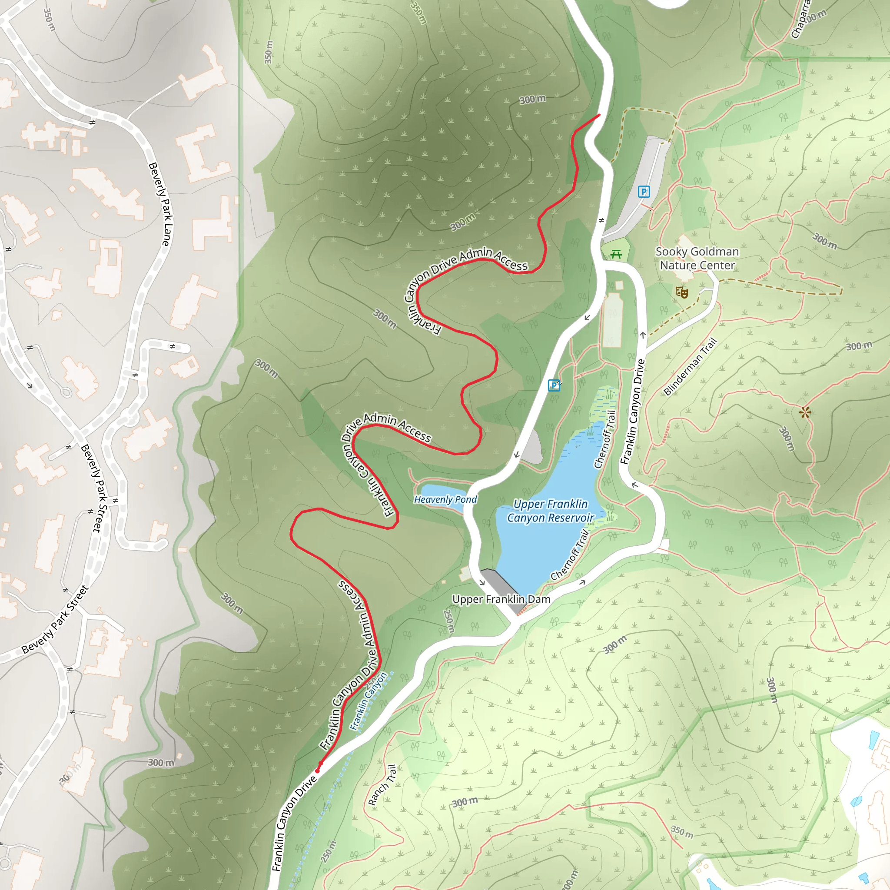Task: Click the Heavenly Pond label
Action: coord(445,499)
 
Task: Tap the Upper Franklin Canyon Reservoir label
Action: coord(550,511)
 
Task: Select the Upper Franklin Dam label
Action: coord(501,599)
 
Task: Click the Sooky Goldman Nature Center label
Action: coord(697,259)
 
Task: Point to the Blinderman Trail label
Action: coord(690,367)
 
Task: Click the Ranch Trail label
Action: coord(382,785)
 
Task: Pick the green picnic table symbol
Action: coord(616,254)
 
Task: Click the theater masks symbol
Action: coord(681,292)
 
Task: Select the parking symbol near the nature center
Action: coord(644,192)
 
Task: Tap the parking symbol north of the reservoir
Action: coord(554,385)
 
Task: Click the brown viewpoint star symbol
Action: coord(805,412)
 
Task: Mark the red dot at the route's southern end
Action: coord(317,770)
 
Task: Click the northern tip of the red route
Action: coord(599,115)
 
